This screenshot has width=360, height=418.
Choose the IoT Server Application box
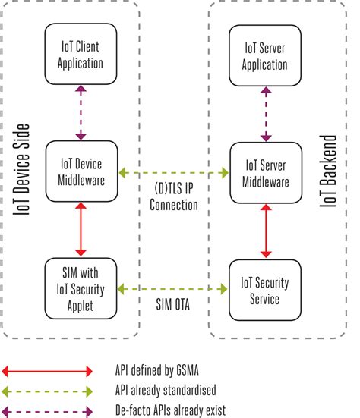coord(265,55)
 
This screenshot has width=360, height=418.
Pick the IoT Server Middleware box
coord(265,172)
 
